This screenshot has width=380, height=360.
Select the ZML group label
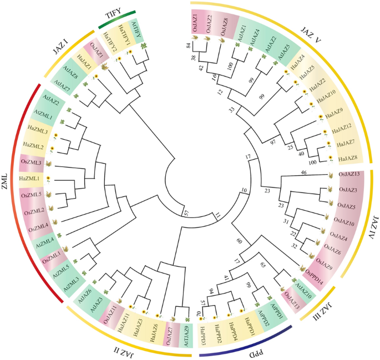(11, 177)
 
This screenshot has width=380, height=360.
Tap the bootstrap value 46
(303, 173)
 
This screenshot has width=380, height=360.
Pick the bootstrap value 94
(211, 291)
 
